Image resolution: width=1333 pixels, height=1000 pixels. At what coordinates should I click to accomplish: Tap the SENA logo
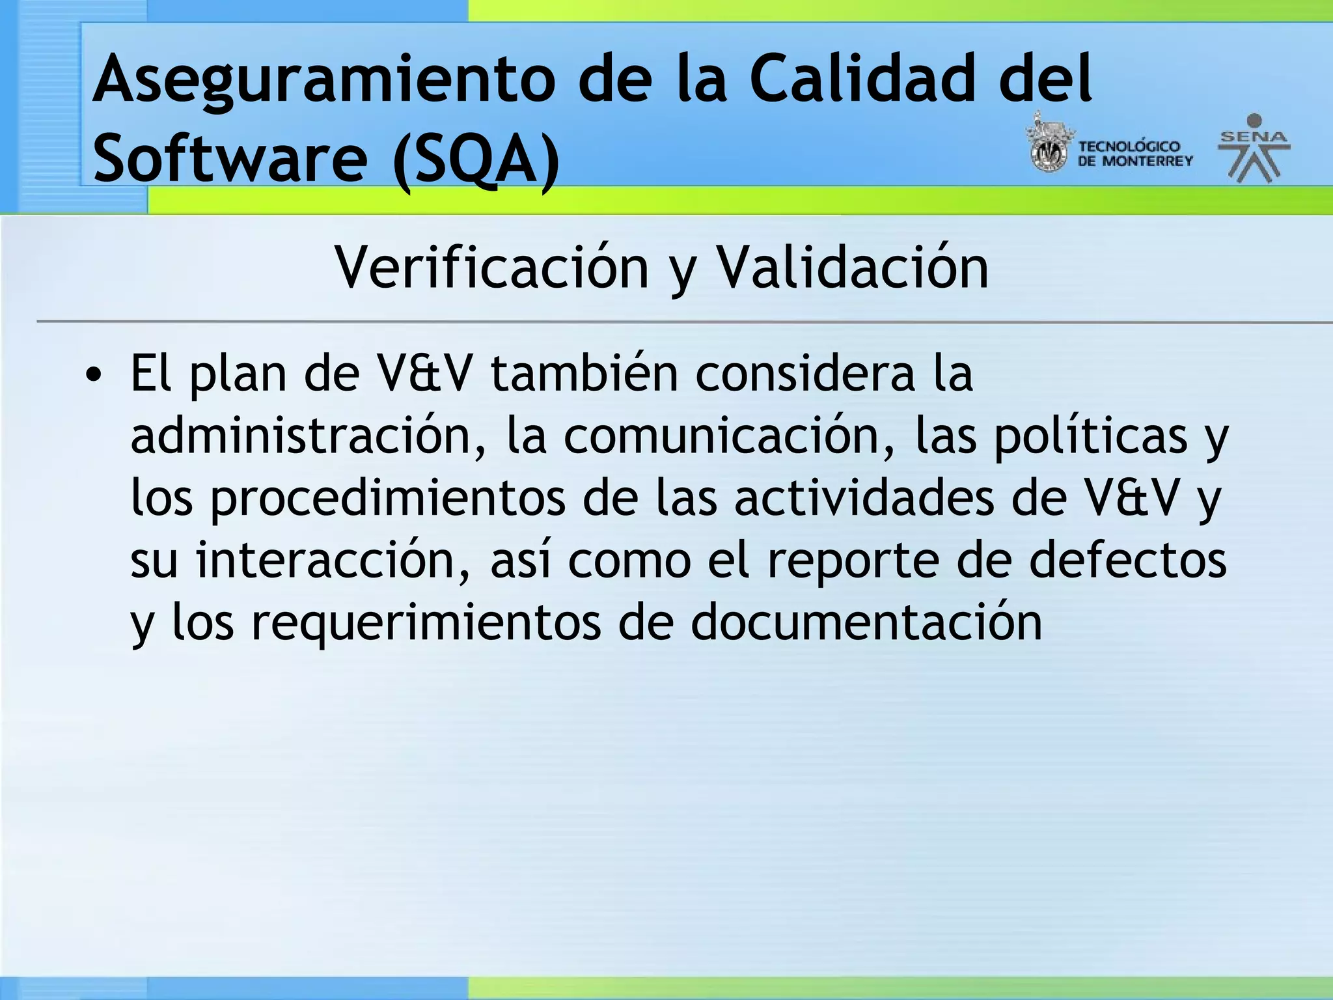pyautogui.click(x=1254, y=148)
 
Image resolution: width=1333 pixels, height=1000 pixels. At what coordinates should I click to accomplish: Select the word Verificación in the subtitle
pyautogui.click(x=491, y=268)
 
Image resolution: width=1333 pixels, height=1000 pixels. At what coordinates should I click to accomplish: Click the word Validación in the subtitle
pyautogui.click(x=852, y=268)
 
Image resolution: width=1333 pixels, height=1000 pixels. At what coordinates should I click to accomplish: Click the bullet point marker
pyautogui.click(x=94, y=376)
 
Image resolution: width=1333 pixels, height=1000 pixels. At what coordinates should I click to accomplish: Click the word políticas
pyautogui.click(x=1091, y=436)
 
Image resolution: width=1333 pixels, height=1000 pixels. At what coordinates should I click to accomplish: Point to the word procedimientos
pyautogui.click(x=388, y=499)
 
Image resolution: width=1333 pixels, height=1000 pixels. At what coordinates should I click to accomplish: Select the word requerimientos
pyautogui.click(x=426, y=623)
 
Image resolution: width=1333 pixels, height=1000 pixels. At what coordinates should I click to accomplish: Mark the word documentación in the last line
pyautogui.click(x=866, y=623)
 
